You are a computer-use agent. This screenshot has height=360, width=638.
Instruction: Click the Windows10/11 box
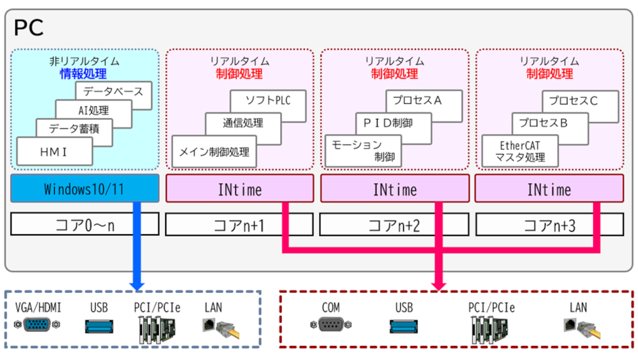pyautogui.click(x=84, y=189)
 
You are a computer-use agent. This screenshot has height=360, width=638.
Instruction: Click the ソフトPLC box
pyautogui.click(x=267, y=101)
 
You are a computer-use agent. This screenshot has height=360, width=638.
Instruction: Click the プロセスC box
pyautogui.click(x=581, y=101)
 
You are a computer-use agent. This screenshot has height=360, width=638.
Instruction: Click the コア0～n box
pyautogui.click(x=84, y=225)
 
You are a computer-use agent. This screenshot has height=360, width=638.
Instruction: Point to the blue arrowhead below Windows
pyautogui.click(x=136, y=281)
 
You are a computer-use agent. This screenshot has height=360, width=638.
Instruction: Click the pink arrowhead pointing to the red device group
pyautogui.click(x=438, y=281)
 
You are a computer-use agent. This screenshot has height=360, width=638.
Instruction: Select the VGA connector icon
pyautogui.click(x=38, y=326)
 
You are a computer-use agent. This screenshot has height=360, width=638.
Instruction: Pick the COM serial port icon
pyautogui.click(x=330, y=326)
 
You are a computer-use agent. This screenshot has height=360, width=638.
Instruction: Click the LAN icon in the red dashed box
pyautogui.click(x=580, y=328)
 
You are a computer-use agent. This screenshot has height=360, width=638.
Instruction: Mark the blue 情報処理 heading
pyautogui.click(x=84, y=73)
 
